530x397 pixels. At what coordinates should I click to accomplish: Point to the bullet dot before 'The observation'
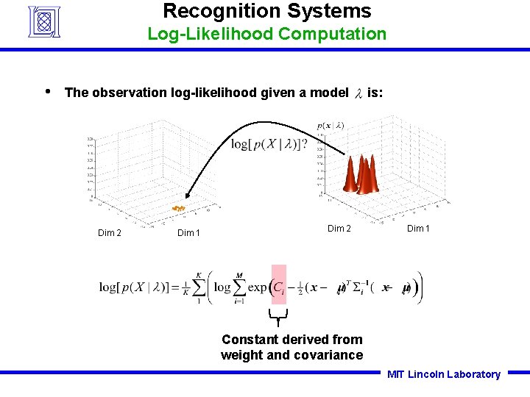click(47, 91)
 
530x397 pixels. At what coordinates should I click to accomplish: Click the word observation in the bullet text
click(130, 93)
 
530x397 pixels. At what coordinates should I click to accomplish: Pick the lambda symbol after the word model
click(358, 93)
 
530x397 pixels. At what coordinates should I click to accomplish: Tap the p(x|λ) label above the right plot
click(331, 126)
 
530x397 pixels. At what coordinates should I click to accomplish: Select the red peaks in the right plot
click(362, 175)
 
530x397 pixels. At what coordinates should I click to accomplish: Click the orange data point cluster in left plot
click(178, 209)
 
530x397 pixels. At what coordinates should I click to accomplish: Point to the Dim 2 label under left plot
click(110, 233)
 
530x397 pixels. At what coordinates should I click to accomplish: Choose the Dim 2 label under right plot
click(339, 228)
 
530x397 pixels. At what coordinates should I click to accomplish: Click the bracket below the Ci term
click(278, 317)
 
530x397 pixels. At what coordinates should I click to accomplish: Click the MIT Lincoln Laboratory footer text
click(444, 374)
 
